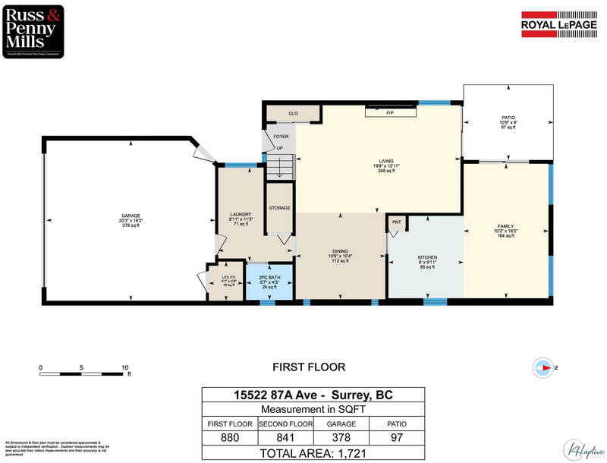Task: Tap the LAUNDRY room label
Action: tap(241, 215)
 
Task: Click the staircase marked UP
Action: tap(279, 164)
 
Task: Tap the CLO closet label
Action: tap(292, 113)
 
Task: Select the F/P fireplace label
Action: tap(390, 112)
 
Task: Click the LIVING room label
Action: tap(387, 161)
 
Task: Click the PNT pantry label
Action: tap(396, 222)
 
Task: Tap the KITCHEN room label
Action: tap(428, 257)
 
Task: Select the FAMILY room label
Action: tap(506, 226)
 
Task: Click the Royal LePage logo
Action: tap(560, 23)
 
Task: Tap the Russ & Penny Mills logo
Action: tap(33, 30)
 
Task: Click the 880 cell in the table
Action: tap(229, 437)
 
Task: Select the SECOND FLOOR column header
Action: tap(285, 424)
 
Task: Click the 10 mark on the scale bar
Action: tap(124, 368)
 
